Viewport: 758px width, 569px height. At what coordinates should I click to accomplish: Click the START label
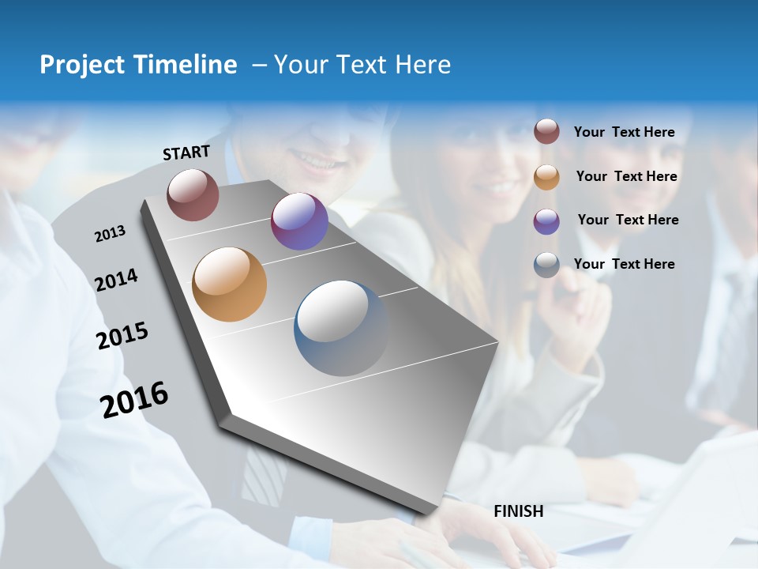tap(186, 153)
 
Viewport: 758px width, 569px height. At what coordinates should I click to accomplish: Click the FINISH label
tap(518, 511)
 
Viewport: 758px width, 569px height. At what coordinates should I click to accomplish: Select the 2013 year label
tap(110, 234)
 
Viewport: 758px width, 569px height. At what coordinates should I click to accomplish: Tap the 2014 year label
tap(116, 280)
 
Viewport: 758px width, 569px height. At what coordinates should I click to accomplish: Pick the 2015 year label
tap(122, 336)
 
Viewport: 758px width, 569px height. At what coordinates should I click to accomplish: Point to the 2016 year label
tap(134, 399)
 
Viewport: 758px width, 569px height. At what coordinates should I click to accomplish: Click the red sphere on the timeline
tap(193, 194)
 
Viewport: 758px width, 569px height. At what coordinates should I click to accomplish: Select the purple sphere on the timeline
tap(299, 221)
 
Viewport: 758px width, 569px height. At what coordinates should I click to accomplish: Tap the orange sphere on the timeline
tap(229, 284)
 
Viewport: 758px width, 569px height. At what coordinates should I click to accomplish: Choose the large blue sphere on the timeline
tap(341, 328)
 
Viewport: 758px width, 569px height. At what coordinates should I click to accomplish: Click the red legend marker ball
tap(546, 131)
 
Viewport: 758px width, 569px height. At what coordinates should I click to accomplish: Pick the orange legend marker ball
tap(546, 176)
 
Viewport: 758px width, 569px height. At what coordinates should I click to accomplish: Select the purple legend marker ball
tap(546, 220)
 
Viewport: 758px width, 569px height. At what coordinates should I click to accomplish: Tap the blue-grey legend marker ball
tap(546, 265)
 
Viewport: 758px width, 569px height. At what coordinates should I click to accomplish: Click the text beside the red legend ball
tap(624, 132)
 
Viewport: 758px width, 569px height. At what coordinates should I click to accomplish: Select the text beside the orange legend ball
tap(626, 176)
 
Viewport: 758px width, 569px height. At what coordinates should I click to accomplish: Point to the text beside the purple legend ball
tap(628, 220)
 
